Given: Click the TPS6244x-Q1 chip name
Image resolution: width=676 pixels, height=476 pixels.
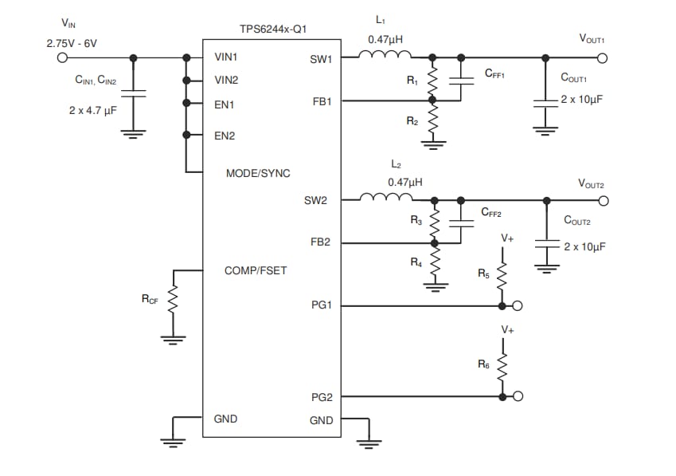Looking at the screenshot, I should tap(273, 30).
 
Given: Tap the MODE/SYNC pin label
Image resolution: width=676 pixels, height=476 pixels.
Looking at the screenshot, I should tap(258, 173).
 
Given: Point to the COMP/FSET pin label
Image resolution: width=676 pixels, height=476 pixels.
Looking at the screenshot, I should tap(256, 270).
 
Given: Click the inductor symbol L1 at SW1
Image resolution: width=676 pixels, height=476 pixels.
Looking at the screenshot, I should tap(385, 55).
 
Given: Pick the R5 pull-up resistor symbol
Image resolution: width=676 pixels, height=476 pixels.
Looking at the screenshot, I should tap(502, 277).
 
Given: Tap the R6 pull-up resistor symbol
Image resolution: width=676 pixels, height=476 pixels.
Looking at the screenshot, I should tap(502, 367).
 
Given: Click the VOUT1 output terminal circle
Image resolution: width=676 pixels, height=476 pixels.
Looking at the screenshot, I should tap(602, 57).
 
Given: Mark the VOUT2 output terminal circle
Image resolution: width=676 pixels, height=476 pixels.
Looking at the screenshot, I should tap(602, 200).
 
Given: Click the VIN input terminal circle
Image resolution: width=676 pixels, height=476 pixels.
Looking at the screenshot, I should tap(64, 57).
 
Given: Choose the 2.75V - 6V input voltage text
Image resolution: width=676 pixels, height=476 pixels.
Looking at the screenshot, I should tap(72, 42).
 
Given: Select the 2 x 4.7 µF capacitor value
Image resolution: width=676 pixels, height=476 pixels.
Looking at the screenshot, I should tap(92, 110).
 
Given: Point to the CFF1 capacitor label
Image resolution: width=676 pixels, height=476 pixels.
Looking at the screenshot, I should tap(494, 73).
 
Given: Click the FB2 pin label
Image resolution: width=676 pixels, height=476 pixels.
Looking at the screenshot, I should tap(321, 242).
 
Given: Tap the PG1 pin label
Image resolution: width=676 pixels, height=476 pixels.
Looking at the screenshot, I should tap(321, 305).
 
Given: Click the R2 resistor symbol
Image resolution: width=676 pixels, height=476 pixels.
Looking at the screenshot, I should tap(432, 122).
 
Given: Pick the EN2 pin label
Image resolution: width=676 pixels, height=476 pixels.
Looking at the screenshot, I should tap(225, 136).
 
